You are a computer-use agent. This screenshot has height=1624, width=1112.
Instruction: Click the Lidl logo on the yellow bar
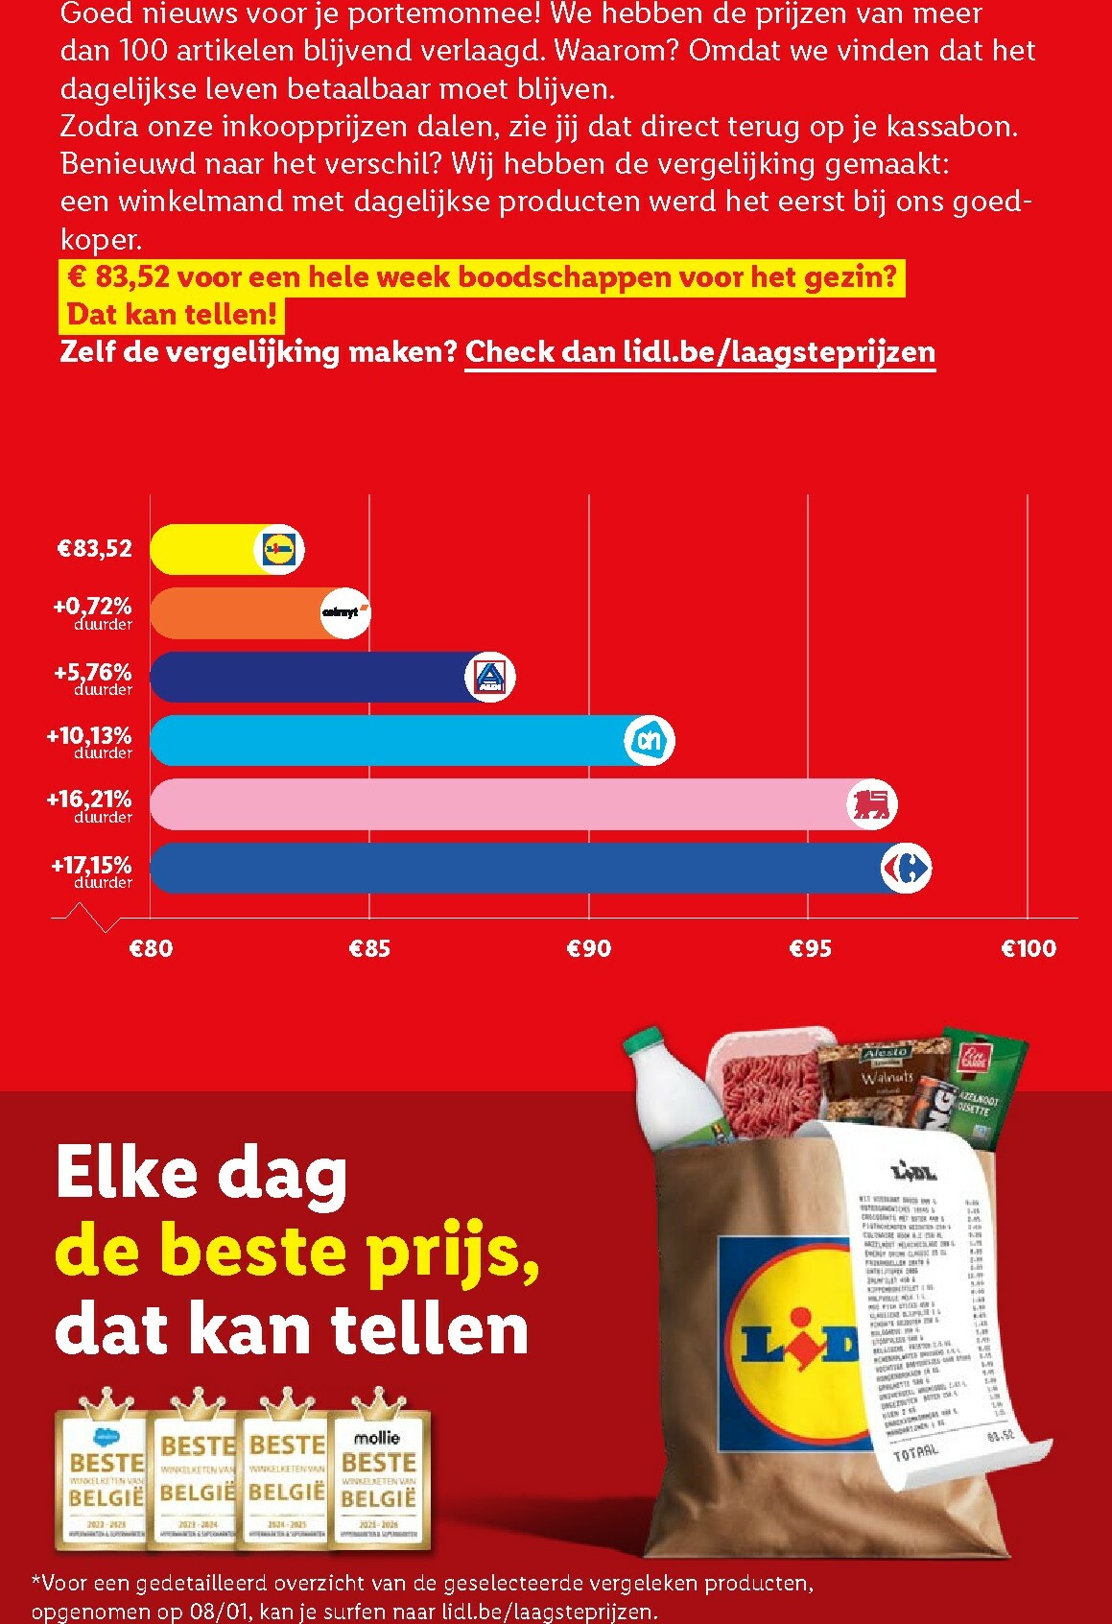click(x=279, y=550)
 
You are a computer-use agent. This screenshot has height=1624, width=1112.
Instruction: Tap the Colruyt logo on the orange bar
click(x=344, y=613)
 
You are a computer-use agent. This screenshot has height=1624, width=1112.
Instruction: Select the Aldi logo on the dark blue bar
click(x=490, y=677)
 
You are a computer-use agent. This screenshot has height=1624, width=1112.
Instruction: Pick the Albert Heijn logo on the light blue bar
click(x=650, y=741)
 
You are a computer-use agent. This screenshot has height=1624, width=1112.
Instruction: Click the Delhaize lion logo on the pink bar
click(x=872, y=804)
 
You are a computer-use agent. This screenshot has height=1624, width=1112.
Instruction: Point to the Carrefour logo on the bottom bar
click(x=906, y=869)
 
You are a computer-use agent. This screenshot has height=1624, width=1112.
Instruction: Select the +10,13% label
click(x=89, y=737)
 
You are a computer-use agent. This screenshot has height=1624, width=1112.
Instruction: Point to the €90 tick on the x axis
click(x=589, y=949)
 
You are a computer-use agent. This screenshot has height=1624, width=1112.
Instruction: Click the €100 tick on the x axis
click(x=1028, y=949)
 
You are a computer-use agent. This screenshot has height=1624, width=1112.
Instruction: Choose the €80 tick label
click(x=151, y=949)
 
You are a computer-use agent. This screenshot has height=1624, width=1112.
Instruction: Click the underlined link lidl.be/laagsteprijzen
click(x=699, y=352)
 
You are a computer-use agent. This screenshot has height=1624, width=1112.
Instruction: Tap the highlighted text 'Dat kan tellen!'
click(x=172, y=314)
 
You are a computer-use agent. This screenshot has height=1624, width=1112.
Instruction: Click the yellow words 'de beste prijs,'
click(x=297, y=1252)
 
